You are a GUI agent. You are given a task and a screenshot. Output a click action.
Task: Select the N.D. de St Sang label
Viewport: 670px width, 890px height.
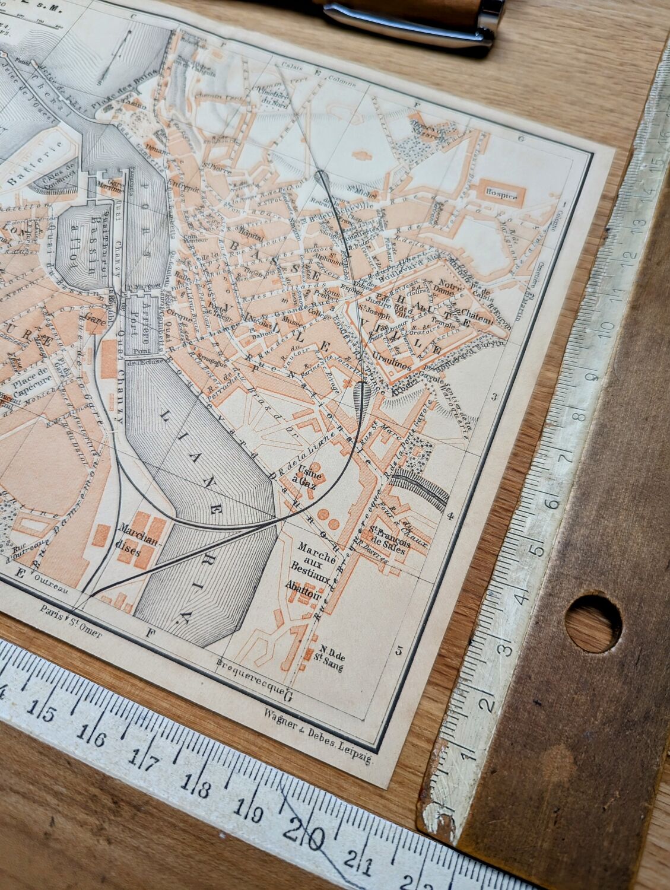pyautogui.click(x=323, y=653)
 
